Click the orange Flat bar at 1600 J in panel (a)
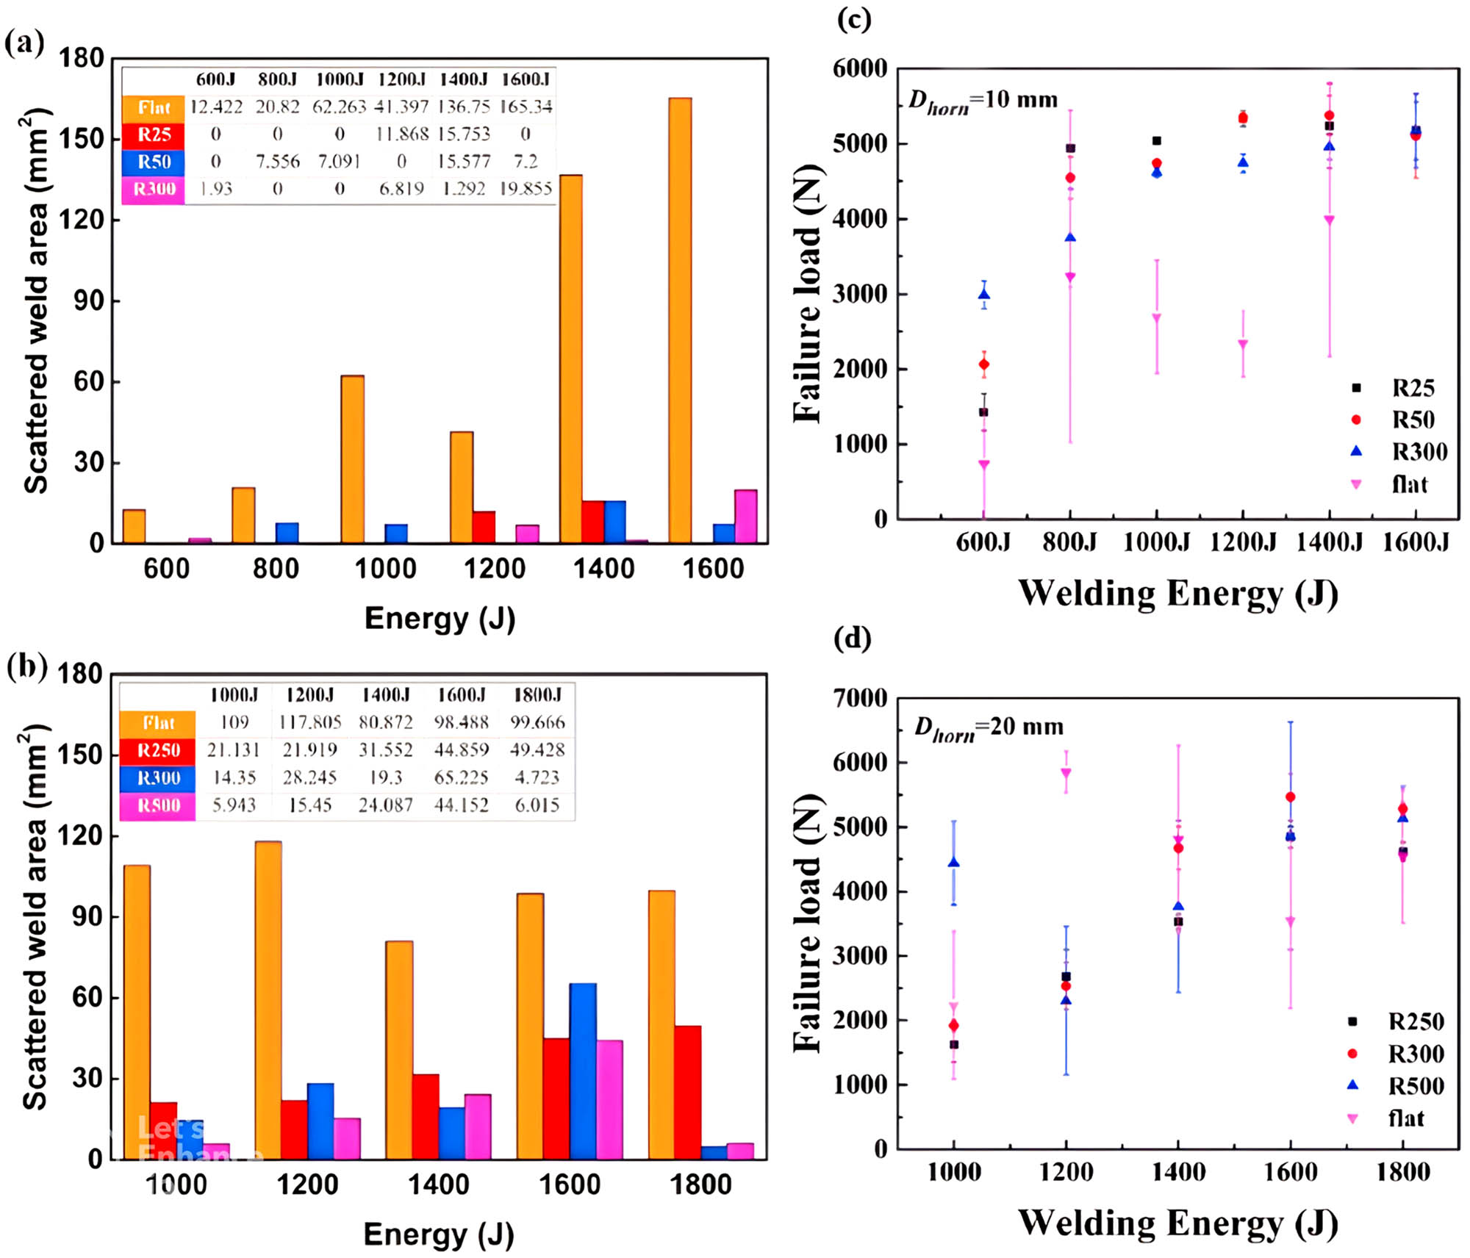coord(680,320)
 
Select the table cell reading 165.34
coord(526,107)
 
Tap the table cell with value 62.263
coord(339,107)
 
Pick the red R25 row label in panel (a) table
coord(154,134)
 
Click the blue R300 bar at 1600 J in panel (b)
coord(583,1071)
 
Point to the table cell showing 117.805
coord(310,722)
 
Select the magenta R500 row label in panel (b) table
coord(158,805)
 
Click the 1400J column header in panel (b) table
coord(386,694)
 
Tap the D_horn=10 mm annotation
coord(983,101)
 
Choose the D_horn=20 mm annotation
coord(988,727)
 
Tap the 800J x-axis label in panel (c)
coord(1069,542)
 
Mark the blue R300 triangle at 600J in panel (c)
coord(983,295)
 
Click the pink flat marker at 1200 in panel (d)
coord(1066,772)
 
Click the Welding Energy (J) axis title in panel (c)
coord(1177,594)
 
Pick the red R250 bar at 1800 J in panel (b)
coord(687,1092)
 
